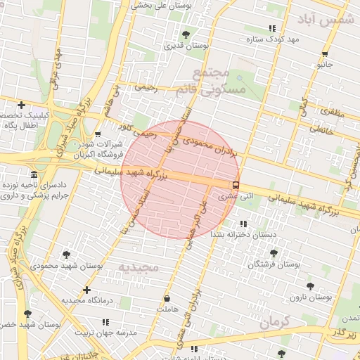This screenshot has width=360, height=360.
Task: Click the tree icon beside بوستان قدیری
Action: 186,34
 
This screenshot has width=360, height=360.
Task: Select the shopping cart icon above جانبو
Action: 325,53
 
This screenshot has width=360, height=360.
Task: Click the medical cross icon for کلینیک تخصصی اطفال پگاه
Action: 22,105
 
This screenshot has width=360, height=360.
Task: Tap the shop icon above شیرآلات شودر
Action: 97,133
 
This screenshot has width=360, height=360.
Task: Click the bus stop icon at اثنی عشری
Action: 235,185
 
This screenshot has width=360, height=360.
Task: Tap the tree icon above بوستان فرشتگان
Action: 274,253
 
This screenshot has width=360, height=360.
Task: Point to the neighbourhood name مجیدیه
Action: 138,267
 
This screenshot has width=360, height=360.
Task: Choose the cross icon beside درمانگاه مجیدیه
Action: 86,289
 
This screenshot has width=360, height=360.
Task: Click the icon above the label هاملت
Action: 167,297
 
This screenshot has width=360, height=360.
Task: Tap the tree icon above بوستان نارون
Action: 310,286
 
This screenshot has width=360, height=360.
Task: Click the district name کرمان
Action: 274,323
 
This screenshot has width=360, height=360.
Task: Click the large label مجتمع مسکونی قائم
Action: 219,81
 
